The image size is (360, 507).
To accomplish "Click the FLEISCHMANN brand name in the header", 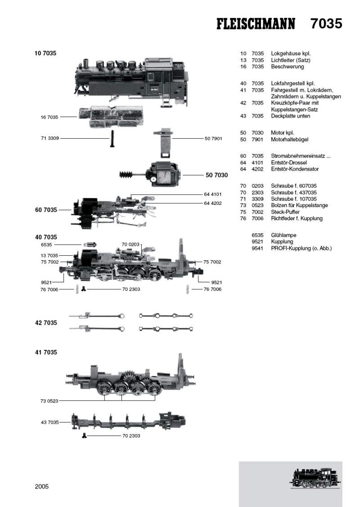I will coord(256,24).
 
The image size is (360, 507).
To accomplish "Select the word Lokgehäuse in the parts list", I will coord(287,54).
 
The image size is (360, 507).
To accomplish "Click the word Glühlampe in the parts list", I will coord(283,235).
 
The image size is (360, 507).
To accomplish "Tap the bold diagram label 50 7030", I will coord(216,175).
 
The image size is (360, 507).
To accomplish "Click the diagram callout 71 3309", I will coord(49,138).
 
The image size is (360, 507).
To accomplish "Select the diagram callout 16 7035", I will coord(49,117).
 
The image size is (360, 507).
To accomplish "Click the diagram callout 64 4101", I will coord(213,195).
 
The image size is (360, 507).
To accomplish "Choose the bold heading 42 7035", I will coord(46,323).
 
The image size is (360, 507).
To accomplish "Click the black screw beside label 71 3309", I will coord(110,137).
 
